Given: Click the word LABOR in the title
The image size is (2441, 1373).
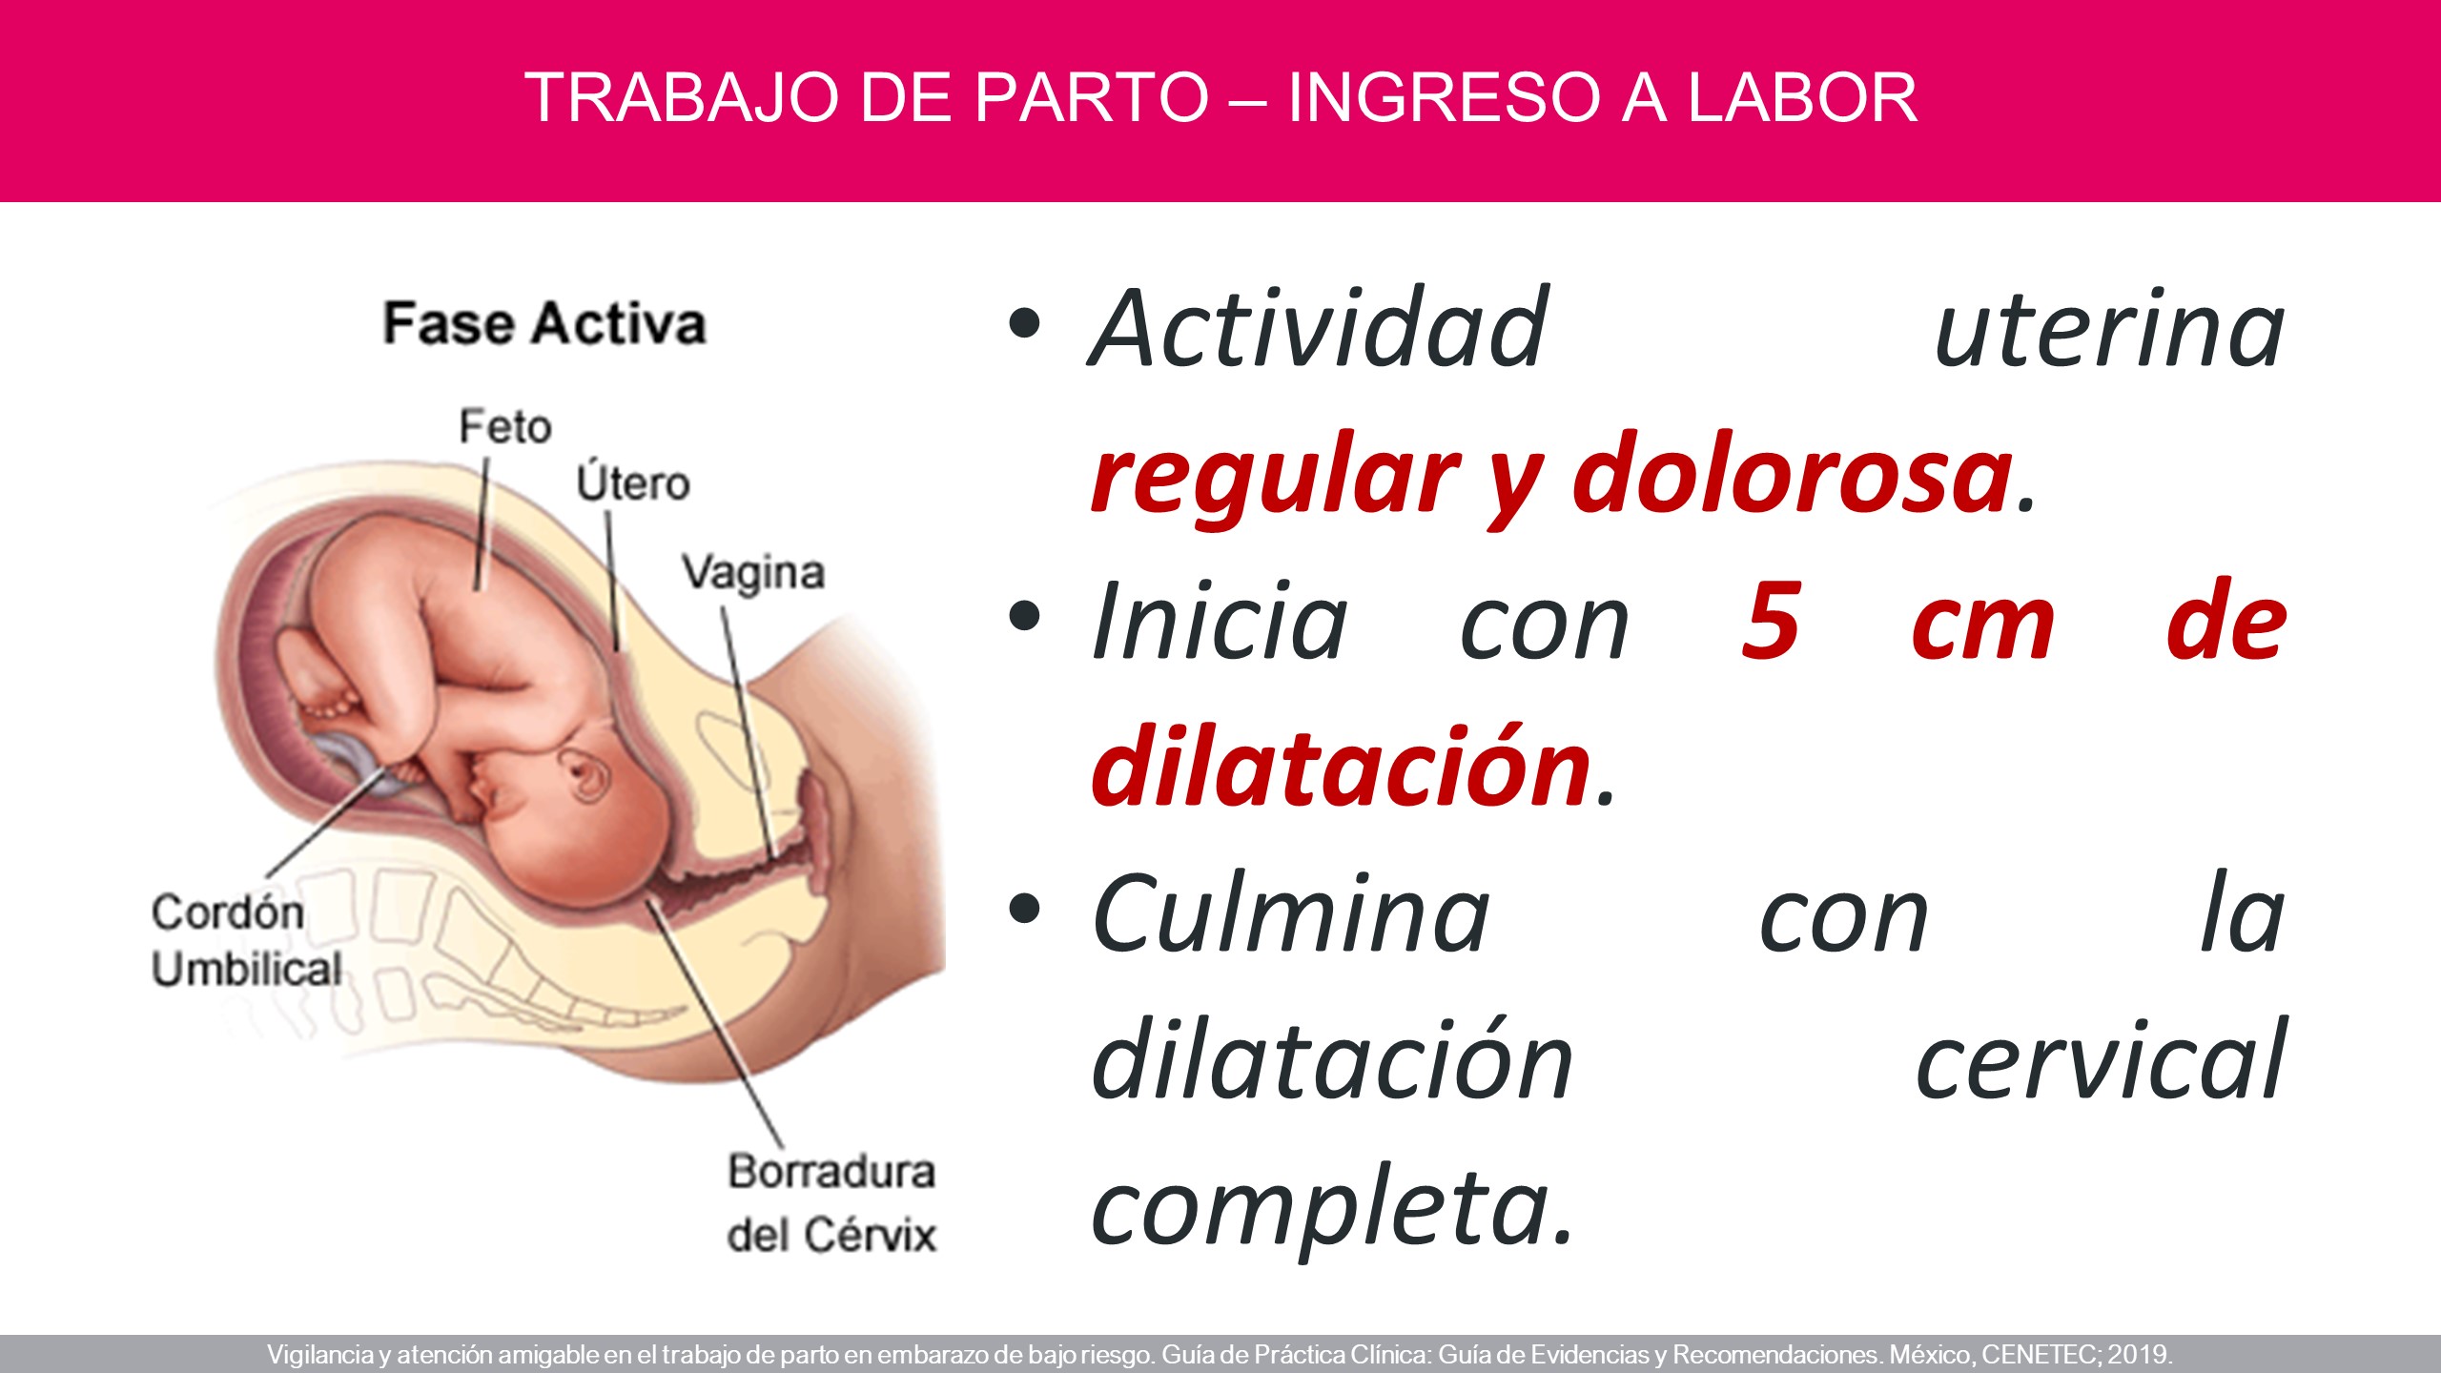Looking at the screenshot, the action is (1802, 97).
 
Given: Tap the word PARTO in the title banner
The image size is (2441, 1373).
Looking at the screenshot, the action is (1092, 97).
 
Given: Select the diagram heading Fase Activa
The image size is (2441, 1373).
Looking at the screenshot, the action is (544, 323).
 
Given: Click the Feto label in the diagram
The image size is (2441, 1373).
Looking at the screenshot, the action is (505, 426).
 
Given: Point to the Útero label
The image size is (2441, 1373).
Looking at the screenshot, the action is (633, 482).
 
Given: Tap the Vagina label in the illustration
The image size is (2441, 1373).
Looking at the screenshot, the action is (753, 573).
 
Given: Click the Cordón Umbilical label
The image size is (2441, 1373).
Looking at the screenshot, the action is (246, 941).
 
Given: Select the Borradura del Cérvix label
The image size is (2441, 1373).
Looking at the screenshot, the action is (831, 1203).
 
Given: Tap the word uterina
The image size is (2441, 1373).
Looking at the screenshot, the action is (2110, 328).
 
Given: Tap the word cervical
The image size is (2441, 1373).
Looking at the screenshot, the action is (2101, 1060).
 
